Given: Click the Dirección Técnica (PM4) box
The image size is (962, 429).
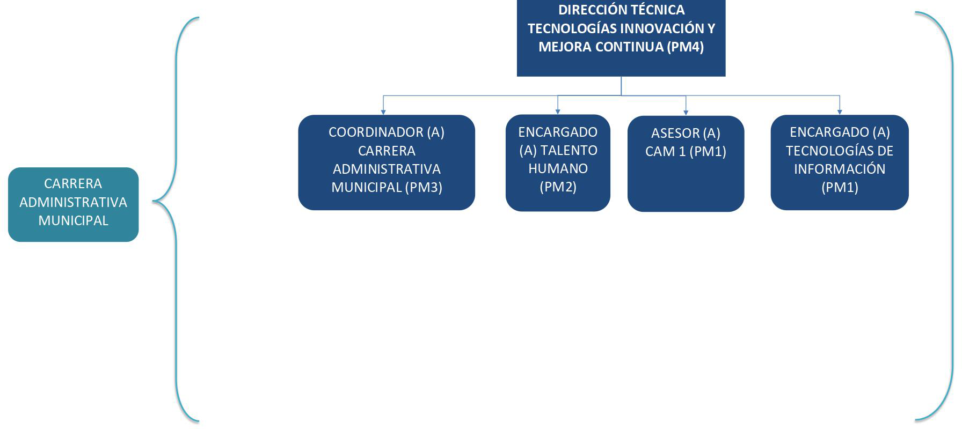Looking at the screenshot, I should pyautogui.click(x=621, y=38).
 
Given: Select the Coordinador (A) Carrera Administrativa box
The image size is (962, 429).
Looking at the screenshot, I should pyautogui.click(x=387, y=162).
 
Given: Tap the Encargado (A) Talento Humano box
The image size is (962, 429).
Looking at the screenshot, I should pyautogui.click(x=558, y=162).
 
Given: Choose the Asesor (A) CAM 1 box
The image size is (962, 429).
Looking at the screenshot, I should pyautogui.click(x=686, y=164).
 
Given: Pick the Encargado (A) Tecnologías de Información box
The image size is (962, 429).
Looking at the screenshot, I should pyautogui.click(x=840, y=162).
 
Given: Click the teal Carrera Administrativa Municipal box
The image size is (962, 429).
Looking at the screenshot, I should pyautogui.click(x=74, y=204).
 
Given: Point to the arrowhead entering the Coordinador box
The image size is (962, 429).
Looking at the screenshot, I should pyautogui.click(x=383, y=112).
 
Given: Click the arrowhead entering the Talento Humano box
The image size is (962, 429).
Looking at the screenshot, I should pyautogui.click(x=558, y=112).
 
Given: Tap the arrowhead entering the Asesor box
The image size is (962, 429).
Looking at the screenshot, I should pyautogui.click(x=686, y=113).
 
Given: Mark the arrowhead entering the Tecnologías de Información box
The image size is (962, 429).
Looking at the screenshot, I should pyautogui.click(x=840, y=112).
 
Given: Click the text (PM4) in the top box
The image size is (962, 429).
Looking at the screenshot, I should pyautogui.click(x=686, y=47).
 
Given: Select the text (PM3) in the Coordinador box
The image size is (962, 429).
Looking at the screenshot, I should pyautogui.click(x=424, y=187).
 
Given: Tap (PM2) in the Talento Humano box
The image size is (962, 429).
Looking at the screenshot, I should pyautogui.click(x=558, y=187).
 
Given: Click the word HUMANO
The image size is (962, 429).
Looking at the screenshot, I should pyautogui.click(x=558, y=168).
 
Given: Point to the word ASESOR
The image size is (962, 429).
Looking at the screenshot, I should pyautogui.click(x=675, y=133).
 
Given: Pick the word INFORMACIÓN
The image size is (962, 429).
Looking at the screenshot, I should pyautogui.click(x=840, y=169).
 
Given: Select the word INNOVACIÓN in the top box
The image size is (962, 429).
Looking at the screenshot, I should pyautogui.click(x=658, y=28).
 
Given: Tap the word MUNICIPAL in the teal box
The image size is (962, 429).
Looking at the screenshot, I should pyautogui.click(x=74, y=220).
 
